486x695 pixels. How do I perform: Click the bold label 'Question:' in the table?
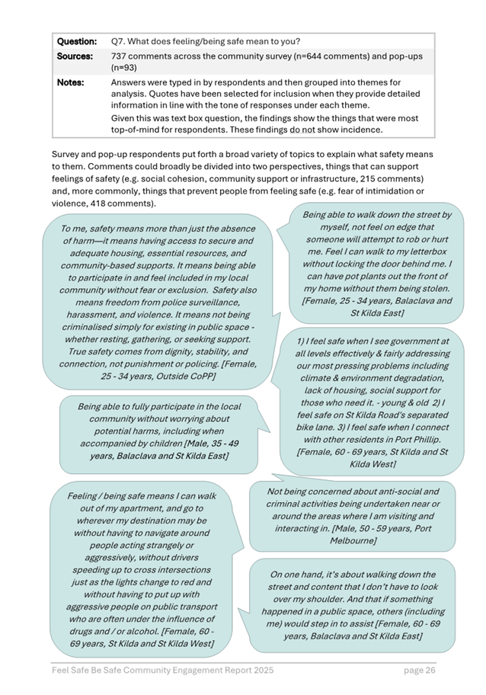pos(77,40)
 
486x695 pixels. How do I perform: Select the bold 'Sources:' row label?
pos(75,56)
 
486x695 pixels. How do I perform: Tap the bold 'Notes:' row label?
pos(71,82)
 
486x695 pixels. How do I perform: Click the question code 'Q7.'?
pos(120,40)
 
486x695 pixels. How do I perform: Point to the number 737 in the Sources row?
pos(120,56)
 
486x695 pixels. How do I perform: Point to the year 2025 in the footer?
pos(261,671)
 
